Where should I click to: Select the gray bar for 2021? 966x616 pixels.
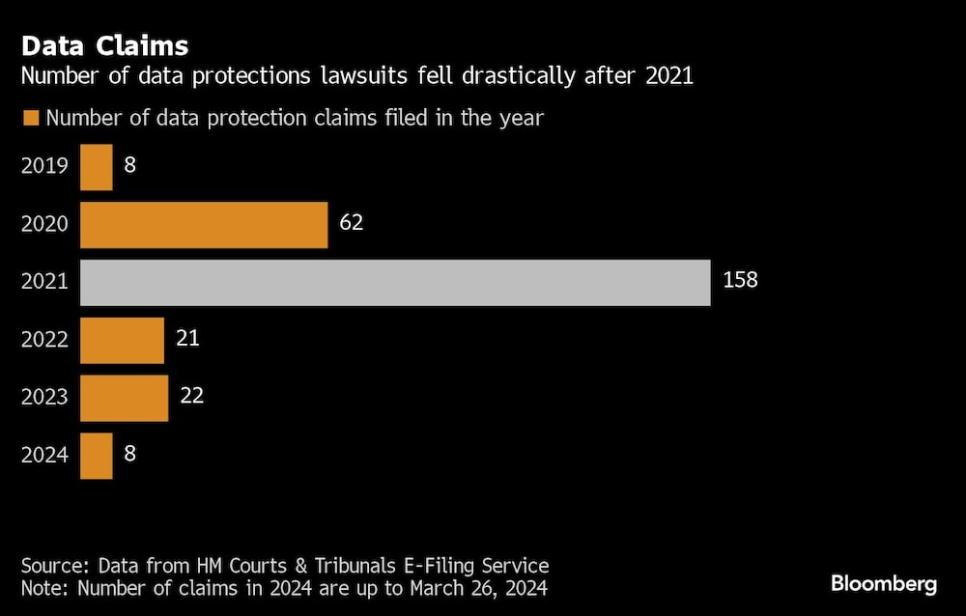395,282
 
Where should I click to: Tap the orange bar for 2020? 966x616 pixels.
204,224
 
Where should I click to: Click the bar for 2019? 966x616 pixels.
97,166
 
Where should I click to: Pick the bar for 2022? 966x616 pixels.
122,340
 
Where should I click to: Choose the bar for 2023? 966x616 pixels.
124,398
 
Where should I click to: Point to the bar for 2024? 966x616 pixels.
97,456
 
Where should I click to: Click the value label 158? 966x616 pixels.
740,281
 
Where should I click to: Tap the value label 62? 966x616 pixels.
351,223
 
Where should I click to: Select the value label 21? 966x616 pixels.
187,339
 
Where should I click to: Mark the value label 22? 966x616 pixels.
191,397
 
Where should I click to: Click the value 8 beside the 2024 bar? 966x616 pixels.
130,455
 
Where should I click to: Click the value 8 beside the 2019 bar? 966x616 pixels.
130,165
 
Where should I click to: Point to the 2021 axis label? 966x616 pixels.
44,282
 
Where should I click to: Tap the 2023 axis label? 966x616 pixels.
44,398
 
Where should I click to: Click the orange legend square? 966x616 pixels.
30,119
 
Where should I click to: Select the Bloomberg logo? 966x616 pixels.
884,584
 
